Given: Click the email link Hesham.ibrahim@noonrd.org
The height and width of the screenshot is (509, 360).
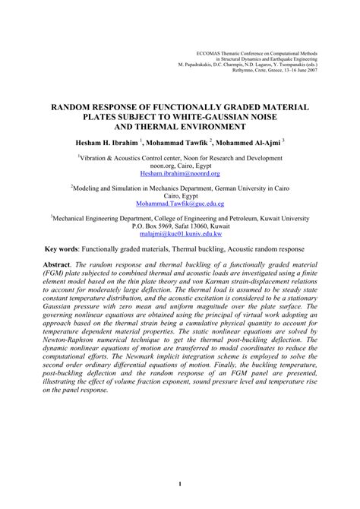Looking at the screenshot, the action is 180,173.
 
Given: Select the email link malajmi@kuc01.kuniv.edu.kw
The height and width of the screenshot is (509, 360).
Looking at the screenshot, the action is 180,236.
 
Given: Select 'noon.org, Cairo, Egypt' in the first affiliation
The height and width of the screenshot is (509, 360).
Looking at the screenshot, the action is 180,163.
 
